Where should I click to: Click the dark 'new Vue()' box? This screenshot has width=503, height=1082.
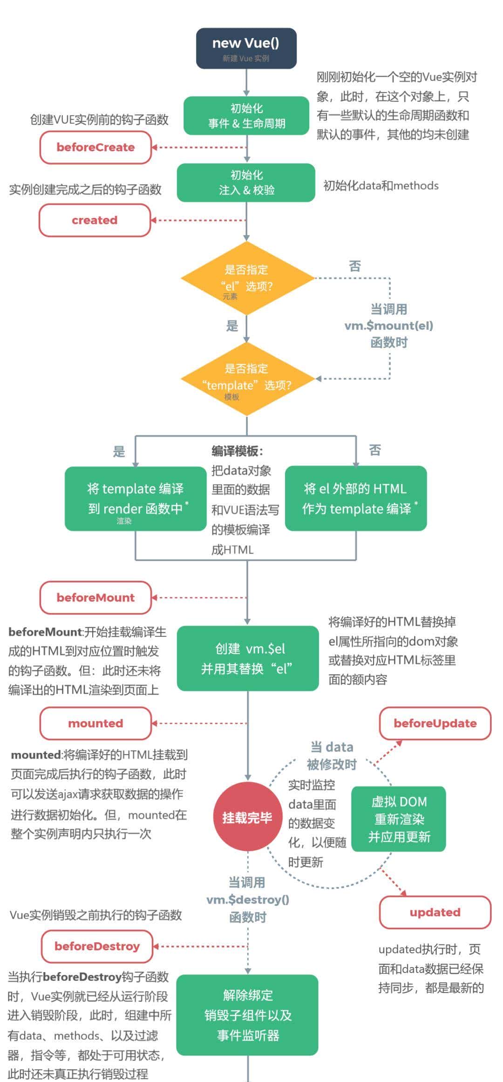(246, 48)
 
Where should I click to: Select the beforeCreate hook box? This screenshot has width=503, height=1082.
(95, 147)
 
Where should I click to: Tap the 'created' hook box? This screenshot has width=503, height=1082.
(95, 220)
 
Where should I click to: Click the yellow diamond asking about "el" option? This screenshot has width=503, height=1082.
(247, 278)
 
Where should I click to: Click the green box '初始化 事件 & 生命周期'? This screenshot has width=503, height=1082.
(246, 116)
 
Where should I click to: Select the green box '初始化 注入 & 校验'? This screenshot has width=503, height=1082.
(246, 183)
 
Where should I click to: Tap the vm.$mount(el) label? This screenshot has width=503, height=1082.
(389, 325)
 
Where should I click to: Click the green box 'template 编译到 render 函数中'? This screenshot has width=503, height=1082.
(136, 499)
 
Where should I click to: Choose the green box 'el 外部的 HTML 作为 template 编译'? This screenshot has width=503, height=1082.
(356, 499)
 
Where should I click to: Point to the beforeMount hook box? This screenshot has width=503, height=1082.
(95, 597)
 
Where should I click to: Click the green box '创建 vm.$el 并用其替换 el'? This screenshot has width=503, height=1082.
(248, 658)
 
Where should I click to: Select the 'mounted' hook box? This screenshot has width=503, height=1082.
(95, 723)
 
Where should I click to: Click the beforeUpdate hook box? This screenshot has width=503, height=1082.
(435, 723)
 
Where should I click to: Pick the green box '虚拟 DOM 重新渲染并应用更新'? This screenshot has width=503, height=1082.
(399, 819)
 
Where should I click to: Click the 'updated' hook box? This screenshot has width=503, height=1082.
(435, 912)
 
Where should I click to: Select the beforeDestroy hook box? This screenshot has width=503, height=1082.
(97, 946)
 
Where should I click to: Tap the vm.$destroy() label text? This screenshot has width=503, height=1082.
(247, 899)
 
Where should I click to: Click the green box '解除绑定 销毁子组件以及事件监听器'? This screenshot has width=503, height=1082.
(247, 1015)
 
